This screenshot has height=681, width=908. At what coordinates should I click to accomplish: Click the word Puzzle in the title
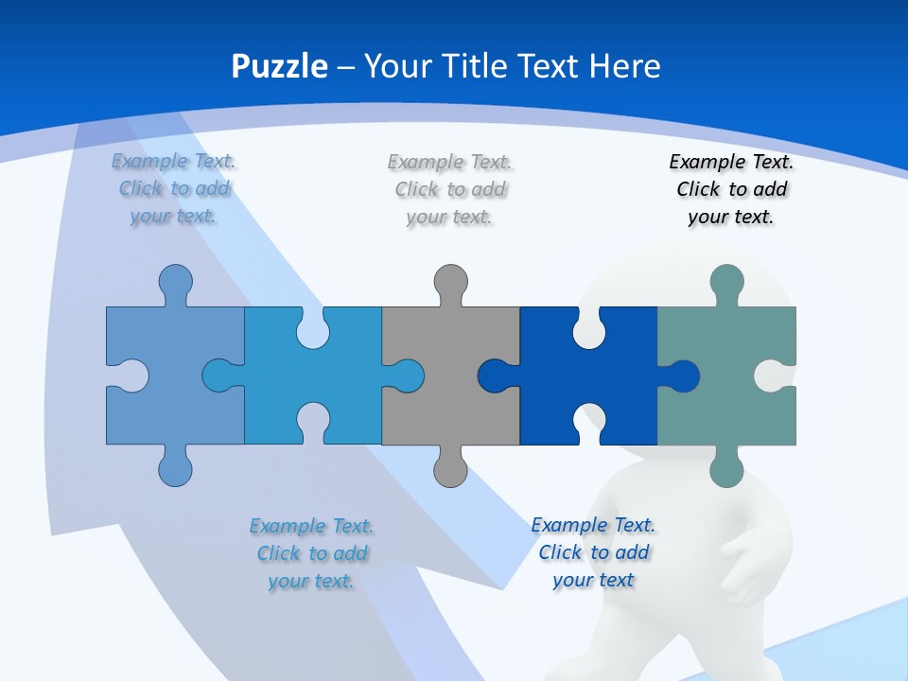click(279, 66)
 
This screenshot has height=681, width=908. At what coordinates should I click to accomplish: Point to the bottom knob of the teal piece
click(726, 469)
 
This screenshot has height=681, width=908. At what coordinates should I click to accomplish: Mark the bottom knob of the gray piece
click(450, 469)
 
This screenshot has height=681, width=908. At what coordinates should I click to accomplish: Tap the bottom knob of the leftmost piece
click(175, 469)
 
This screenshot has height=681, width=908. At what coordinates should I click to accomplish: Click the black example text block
click(731, 189)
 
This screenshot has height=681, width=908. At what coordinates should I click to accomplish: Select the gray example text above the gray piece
click(450, 189)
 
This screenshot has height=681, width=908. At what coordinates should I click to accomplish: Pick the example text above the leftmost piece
click(174, 188)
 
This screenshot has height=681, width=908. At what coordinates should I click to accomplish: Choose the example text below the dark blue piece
click(593, 552)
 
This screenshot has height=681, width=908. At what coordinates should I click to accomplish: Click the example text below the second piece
click(312, 553)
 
